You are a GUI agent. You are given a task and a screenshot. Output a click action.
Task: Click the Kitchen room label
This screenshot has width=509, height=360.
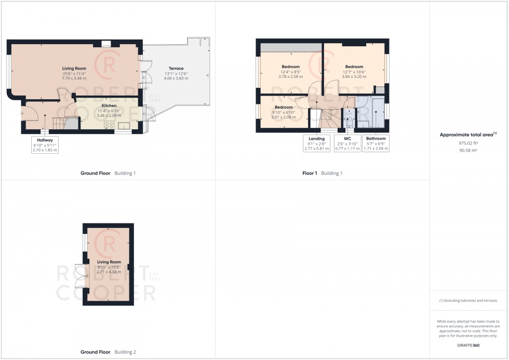point(109,105)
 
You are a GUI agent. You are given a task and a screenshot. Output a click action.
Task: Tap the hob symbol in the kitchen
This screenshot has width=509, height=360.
point(110,124)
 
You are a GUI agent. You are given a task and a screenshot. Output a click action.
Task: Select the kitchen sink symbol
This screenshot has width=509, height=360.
point(125,125)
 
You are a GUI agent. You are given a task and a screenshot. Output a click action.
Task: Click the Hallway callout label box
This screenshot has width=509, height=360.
point(45,145)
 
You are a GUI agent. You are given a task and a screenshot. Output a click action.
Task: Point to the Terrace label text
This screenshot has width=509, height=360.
point(176,69)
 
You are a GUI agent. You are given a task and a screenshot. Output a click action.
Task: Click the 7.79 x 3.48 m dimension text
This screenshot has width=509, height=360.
point(74,78)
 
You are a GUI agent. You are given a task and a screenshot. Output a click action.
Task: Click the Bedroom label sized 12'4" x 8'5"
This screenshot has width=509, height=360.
point(290,66)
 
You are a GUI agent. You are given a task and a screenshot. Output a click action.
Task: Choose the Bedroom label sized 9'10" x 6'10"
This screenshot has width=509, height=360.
point(284,107)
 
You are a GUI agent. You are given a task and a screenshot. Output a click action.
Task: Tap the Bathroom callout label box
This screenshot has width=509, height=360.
point(376,143)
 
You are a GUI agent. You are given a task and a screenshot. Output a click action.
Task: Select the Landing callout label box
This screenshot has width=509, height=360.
point(316,143)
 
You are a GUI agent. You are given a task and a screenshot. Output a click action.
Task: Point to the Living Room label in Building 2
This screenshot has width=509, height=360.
point(109,262)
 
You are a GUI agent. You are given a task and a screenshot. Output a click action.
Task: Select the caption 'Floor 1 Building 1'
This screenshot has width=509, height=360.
point(322,173)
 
